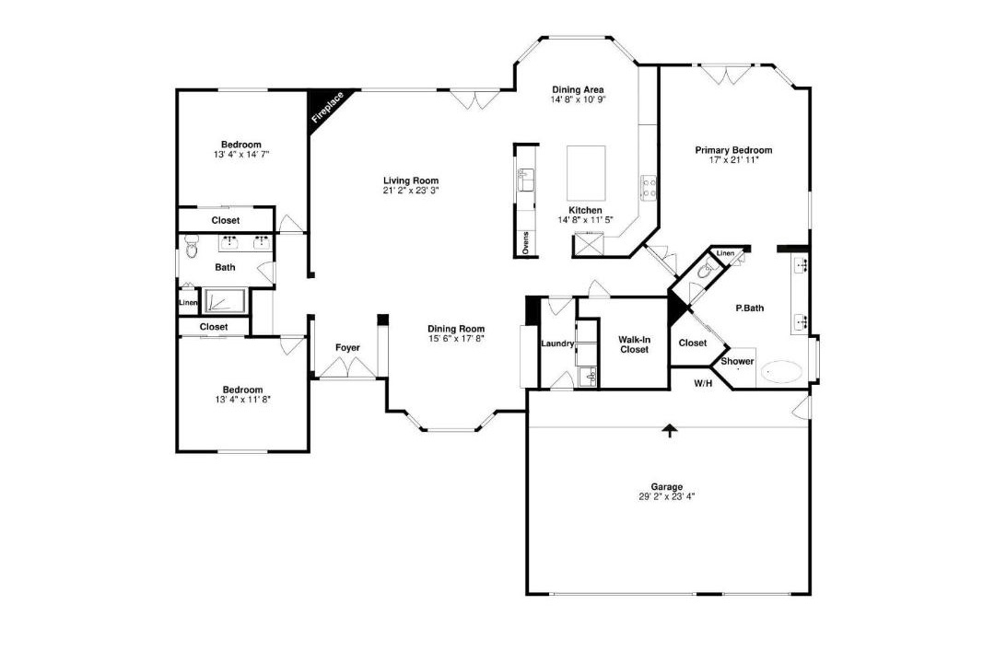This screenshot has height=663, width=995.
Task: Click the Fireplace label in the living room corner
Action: [x=327, y=107]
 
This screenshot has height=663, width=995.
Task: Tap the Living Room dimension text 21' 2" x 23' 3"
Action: [x=411, y=190]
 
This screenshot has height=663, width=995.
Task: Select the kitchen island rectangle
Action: [x=586, y=173]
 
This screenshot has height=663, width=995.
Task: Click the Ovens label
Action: [x=525, y=242]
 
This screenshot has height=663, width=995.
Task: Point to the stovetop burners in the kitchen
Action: [x=649, y=187]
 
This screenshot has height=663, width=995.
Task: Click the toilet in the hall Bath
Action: [x=192, y=248]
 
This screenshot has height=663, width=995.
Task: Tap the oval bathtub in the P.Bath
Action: [x=782, y=371]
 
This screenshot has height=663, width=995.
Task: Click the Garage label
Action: [x=667, y=486]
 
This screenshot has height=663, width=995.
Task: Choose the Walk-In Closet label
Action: [x=634, y=344]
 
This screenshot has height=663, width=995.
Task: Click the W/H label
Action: [x=702, y=383]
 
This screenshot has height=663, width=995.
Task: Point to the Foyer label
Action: [x=347, y=348]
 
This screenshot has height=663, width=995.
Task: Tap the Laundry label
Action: [x=557, y=343]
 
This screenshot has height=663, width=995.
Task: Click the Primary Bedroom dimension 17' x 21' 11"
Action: [x=733, y=160]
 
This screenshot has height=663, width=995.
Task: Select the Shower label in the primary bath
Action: [x=737, y=362]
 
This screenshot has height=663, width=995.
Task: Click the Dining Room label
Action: [x=456, y=329]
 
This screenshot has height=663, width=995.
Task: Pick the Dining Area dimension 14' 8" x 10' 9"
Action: [x=578, y=99]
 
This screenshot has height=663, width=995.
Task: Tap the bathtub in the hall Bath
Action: [x=226, y=301]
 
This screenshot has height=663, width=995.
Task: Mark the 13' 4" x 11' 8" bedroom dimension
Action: [x=242, y=400]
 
